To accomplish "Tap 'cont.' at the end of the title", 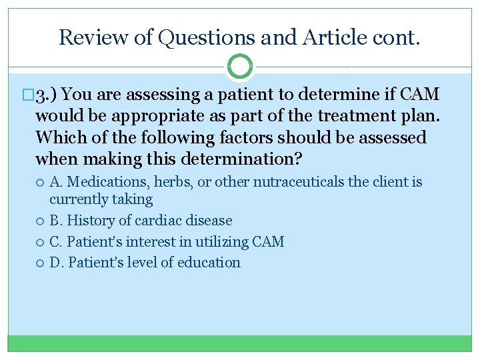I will [399, 37].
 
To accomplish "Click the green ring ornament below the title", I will [240, 66].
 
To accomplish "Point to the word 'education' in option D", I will [209, 263].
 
